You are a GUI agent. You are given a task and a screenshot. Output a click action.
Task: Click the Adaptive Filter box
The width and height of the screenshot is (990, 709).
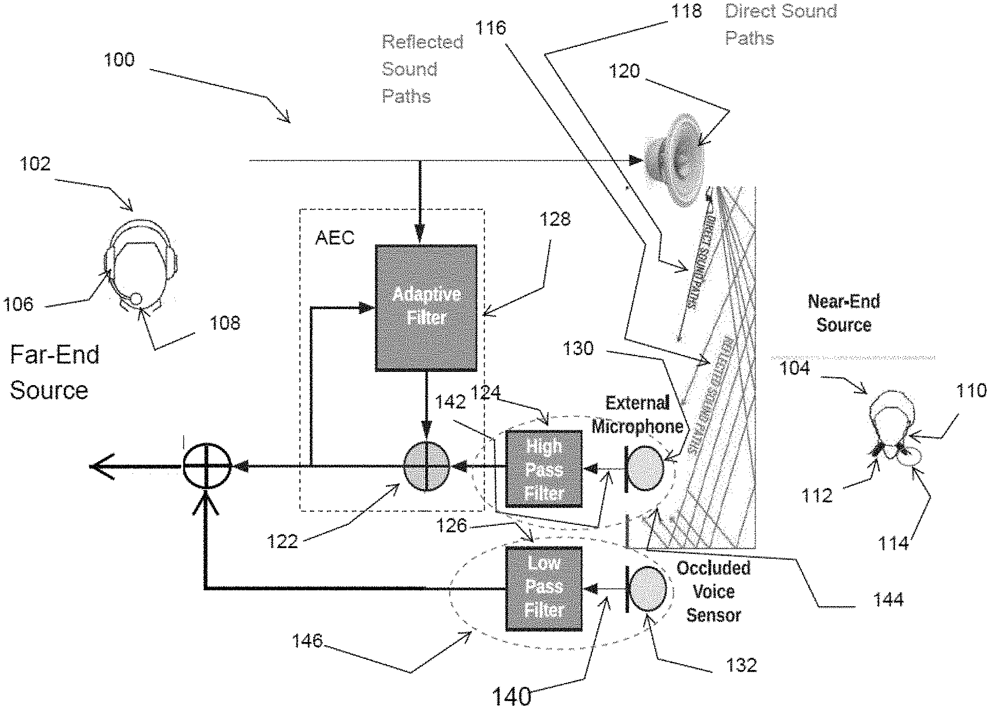pos(426,308)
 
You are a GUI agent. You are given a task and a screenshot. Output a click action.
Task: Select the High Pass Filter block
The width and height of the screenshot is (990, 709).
pos(544,469)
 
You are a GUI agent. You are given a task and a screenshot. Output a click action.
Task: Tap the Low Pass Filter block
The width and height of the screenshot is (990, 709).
pos(544,588)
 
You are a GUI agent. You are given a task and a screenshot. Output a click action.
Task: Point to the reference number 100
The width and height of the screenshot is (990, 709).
pos(119,60)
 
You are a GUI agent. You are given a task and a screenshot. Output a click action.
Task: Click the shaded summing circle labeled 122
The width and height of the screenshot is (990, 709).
pos(426,466)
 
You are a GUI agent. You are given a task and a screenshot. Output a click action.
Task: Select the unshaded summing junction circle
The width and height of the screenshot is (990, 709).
pos(207,466)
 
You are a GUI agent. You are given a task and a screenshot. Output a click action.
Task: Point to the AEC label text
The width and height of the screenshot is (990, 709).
pos(335,238)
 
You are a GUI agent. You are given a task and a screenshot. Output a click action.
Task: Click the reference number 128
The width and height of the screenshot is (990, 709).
pos(555,219)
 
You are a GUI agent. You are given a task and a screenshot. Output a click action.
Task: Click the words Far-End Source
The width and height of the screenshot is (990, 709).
pos(54,372)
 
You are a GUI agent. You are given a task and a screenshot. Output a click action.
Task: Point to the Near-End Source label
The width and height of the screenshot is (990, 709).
pos(844,313)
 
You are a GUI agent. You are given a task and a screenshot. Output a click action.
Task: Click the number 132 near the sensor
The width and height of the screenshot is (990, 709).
pos(742,665)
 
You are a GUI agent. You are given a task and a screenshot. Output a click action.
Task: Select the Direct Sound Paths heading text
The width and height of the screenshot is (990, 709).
pos(780,24)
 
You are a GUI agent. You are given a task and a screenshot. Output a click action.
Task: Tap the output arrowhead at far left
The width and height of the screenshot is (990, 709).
pos(100,466)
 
